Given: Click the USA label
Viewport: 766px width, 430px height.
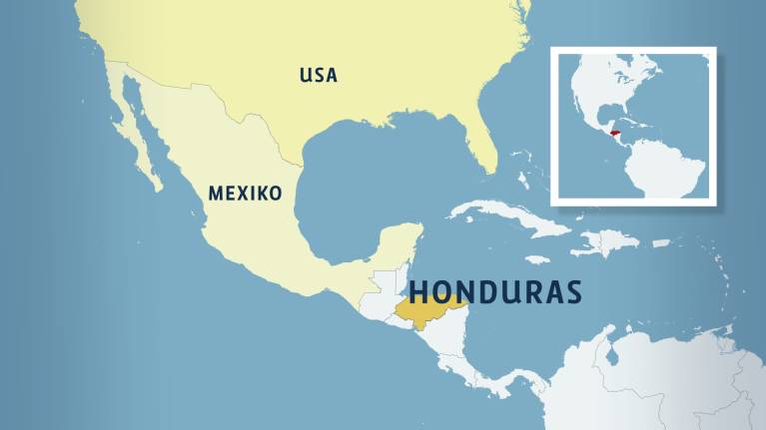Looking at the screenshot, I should pyautogui.click(x=319, y=75).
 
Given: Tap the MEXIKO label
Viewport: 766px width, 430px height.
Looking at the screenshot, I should pyautogui.click(x=245, y=193).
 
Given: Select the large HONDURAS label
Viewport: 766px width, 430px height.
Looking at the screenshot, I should pyautogui.click(x=494, y=290).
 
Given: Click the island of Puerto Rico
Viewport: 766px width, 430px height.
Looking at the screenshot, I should pyautogui.click(x=660, y=242).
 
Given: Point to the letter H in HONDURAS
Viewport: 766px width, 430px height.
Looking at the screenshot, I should pyautogui.click(x=419, y=290).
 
